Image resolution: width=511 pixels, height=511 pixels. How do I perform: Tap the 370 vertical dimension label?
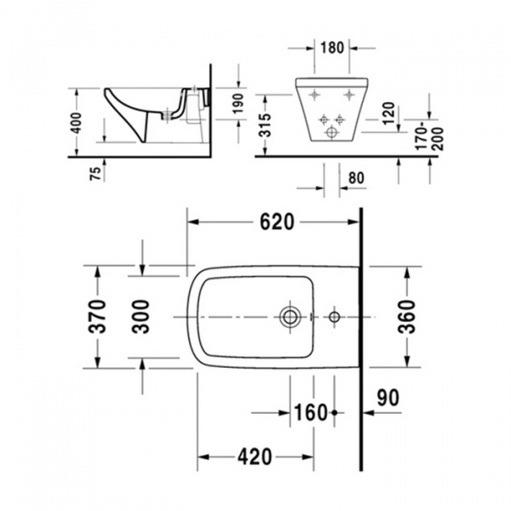pos(100,317)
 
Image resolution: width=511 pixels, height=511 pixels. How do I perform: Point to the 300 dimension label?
pos(142,317)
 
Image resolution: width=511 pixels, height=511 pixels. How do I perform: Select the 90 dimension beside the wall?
pos(388,397)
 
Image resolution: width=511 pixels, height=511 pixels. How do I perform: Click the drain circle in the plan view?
pos(290,318)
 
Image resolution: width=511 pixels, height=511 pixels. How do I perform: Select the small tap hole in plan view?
pos(334,318)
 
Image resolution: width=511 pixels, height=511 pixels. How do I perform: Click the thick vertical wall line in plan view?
pos(362,341)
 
